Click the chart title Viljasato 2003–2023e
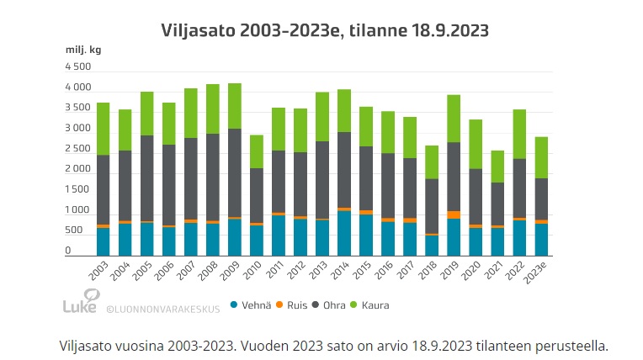[x=325, y=31]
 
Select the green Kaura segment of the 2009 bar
[x=234, y=106]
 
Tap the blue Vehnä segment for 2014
[x=343, y=233]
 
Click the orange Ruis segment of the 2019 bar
[x=454, y=214]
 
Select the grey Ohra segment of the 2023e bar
[x=541, y=199]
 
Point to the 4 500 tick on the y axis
[x=78, y=66]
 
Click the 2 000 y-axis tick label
[x=78, y=169]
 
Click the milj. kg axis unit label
[x=83, y=50]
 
